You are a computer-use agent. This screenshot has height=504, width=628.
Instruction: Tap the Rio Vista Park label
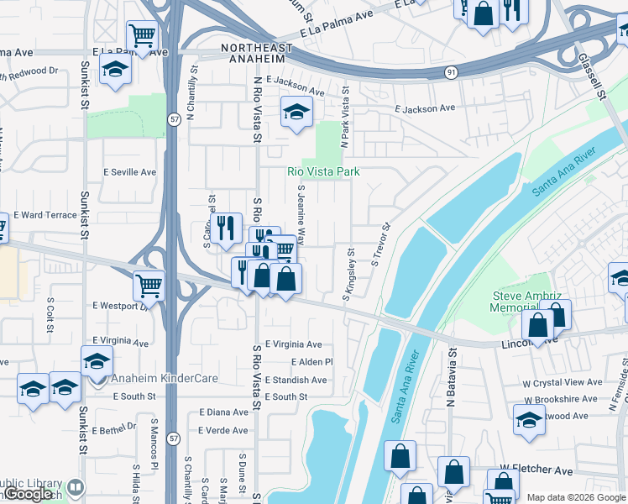click(323, 171)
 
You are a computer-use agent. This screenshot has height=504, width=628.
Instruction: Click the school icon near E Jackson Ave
click(296, 113)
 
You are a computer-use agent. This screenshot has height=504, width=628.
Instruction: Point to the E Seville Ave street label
click(129, 172)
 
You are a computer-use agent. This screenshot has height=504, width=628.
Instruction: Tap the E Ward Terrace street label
click(44, 216)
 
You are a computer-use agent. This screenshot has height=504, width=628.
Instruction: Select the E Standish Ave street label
click(296, 381)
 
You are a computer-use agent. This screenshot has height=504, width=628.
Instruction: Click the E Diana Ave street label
click(223, 412)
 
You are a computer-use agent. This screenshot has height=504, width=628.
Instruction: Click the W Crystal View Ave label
click(561, 382)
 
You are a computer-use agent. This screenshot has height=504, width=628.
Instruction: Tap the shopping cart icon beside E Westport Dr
click(149, 285)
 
